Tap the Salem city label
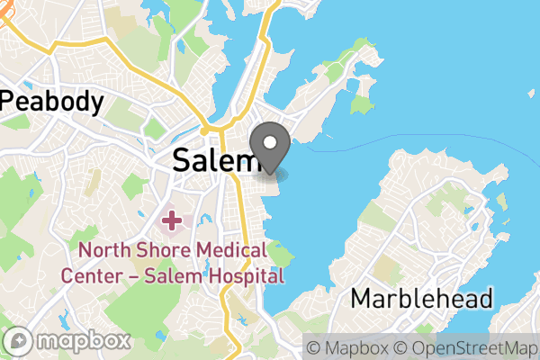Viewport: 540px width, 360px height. tap(215, 160)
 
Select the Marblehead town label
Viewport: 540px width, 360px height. tap(422, 298)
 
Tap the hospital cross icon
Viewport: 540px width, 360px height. tap(171, 219)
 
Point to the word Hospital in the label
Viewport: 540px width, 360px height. tap(243, 275)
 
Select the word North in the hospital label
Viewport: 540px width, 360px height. tap(101, 250)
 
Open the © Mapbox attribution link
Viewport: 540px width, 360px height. tap(347, 347)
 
